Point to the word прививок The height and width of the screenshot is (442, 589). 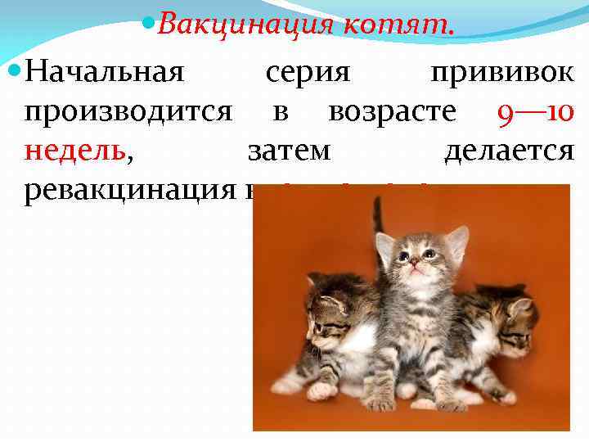pos(502,73)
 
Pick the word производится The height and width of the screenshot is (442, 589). pos(128,112)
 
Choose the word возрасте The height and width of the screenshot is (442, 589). pos(392,113)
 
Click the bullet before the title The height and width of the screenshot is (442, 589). pos(147,23)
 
